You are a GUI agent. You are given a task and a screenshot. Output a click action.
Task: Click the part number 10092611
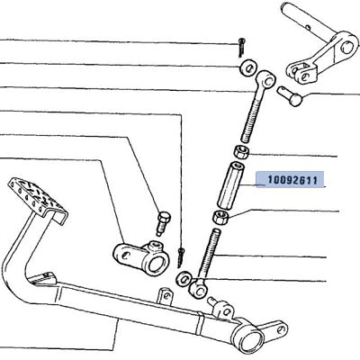click(x=292, y=180)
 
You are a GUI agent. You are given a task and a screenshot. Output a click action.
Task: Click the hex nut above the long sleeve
click(x=241, y=151)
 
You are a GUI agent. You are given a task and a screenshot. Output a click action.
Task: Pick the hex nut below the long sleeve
click(x=220, y=217)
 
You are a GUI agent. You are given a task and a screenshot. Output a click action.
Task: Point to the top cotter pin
click(x=241, y=47)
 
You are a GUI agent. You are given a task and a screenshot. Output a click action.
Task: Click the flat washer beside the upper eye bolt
click(x=247, y=68)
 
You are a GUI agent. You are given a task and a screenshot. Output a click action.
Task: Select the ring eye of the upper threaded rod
click(x=266, y=78)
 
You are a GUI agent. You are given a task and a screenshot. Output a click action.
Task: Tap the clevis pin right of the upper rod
click(x=290, y=95)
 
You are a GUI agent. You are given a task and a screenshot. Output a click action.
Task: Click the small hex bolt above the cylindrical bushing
click(x=163, y=223)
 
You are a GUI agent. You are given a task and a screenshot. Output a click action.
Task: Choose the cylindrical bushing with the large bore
click(x=141, y=258)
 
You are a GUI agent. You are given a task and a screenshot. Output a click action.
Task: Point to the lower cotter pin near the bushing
click(x=181, y=257)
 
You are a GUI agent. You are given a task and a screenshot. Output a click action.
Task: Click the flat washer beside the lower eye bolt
click(x=184, y=278)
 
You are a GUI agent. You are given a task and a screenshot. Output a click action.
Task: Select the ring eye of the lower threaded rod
click(x=198, y=288)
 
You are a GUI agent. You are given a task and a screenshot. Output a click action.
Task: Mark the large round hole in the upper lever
click(x=347, y=48)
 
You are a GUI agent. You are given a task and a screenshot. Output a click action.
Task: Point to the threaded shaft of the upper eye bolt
click(x=251, y=115)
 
